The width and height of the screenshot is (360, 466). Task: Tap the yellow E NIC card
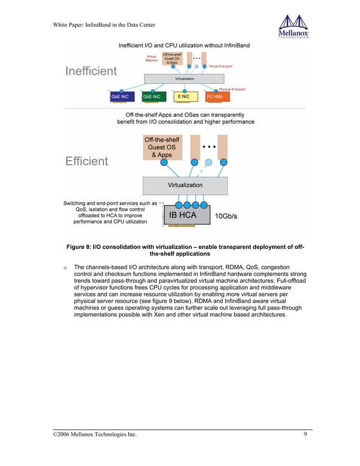coord(184,96)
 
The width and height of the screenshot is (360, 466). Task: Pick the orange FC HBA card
coord(216,96)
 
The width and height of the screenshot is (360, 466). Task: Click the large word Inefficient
coord(91,71)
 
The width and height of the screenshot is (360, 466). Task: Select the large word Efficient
coord(86,161)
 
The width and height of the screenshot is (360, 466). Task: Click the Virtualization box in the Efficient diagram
coord(185,185)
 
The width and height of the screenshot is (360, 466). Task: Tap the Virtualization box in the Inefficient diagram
coord(185,79)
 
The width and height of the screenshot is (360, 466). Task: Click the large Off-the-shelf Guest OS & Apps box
coord(164,147)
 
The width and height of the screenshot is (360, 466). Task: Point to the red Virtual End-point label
coord(221,67)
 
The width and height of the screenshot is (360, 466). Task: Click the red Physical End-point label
coord(232,89)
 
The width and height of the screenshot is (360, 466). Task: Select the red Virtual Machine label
coord(151,58)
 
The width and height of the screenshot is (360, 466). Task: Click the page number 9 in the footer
coord(305,434)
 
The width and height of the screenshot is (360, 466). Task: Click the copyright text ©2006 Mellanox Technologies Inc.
coord(95,434)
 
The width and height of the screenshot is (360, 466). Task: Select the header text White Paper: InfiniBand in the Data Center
coord(104,24)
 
